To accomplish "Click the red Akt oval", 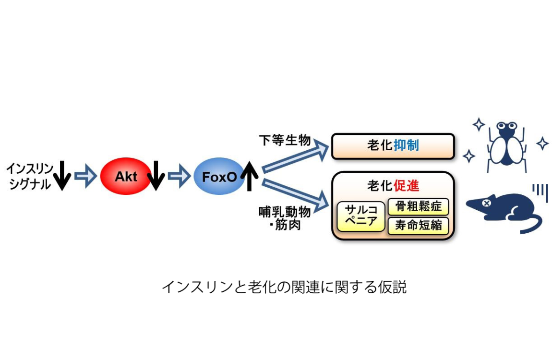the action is point(126,176).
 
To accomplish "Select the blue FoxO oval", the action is point(219,176).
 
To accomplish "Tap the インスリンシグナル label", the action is point(30,176).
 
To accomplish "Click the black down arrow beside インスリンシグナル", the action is point(62,176).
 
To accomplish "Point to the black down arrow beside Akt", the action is point(156,176).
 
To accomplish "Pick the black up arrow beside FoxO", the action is point(250,176).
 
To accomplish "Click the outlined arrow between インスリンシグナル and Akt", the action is point(85,176).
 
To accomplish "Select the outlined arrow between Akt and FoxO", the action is point(179,176).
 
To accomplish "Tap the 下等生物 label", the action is point(285,140).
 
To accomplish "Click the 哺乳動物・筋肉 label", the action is point(285,218).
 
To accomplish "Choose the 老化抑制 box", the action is point(393,146).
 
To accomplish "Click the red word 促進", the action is point(406,186).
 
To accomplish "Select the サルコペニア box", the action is point(361,216).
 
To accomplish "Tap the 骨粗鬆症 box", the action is point(418,206).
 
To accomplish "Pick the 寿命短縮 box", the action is point(418,226).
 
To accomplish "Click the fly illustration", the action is point(506,146).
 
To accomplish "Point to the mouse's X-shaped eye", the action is point(486,203).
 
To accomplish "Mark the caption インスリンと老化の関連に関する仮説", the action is point(284,287).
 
